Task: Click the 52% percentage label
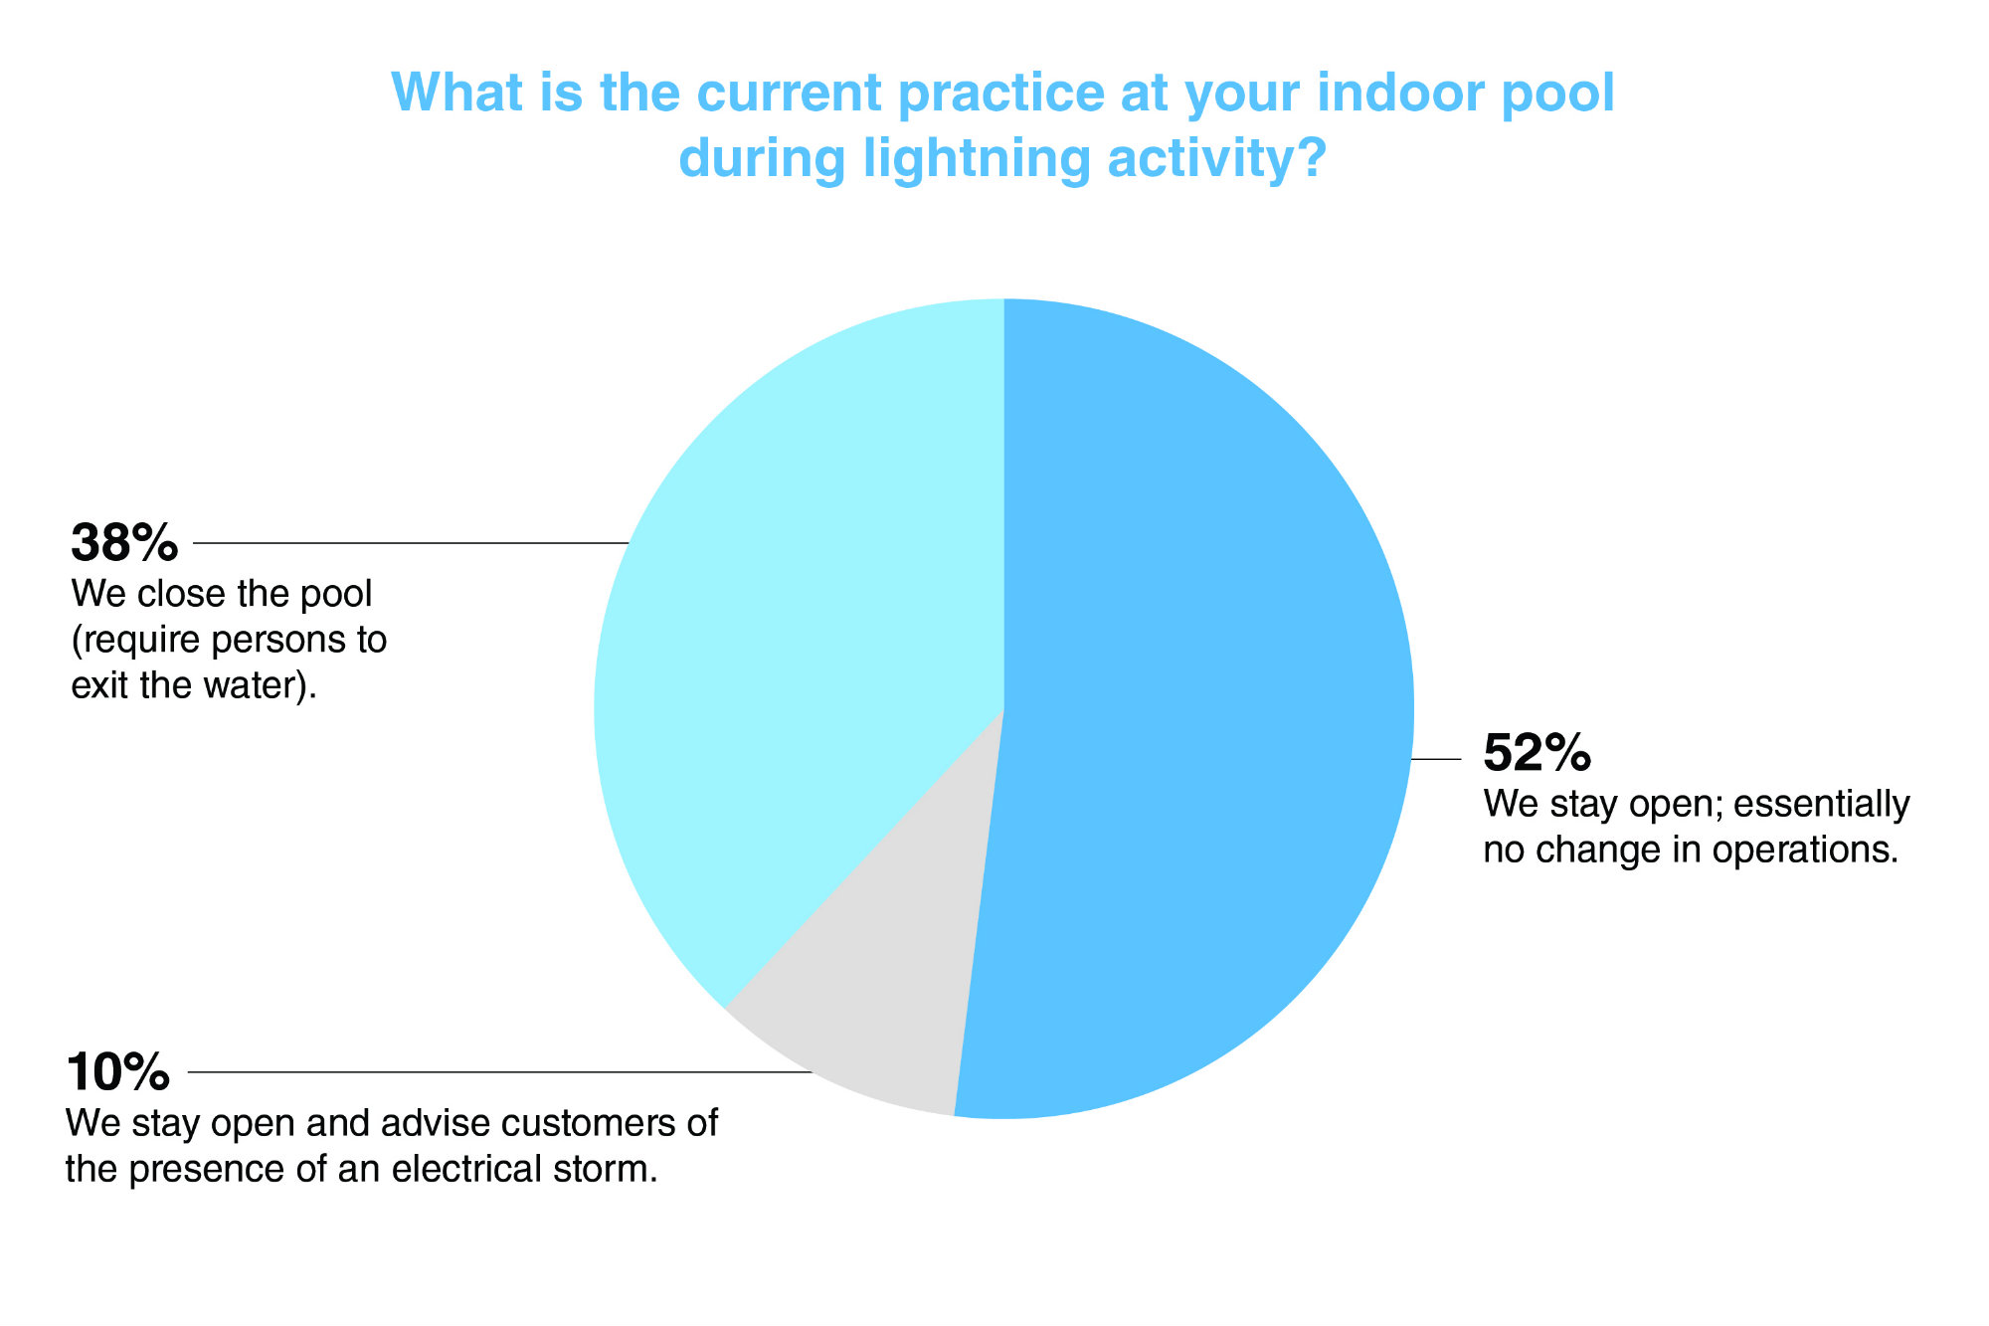click(1537, 753)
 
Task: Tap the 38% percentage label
click(124, 543)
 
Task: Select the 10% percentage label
click(118, 1072)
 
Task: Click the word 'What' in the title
click(456, 93)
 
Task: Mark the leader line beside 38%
click(411, 543)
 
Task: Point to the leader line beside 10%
click(500, 1072)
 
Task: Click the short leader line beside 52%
click(1437, 759)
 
